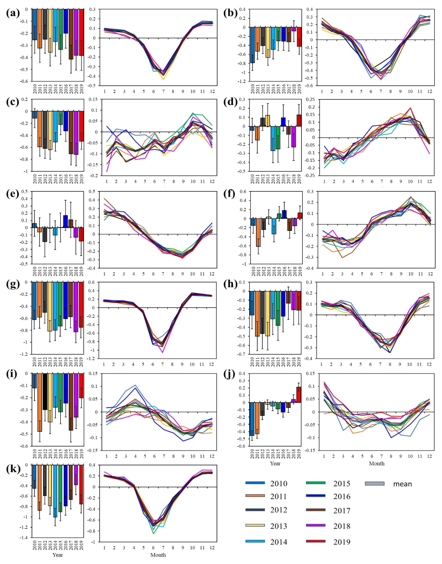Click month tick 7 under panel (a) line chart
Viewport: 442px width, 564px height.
pyautogui.click(x=163, y=91)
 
